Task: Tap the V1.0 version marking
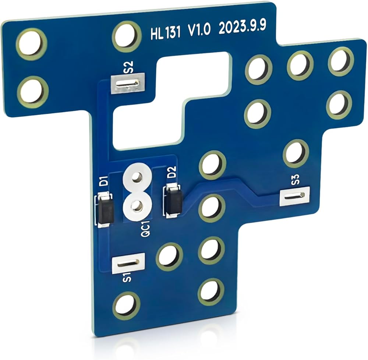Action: (x=199, y=30)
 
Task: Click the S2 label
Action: (x=129, y=67)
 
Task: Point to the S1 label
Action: (x=127, y=278)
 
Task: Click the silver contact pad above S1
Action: (x=128, y=263)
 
